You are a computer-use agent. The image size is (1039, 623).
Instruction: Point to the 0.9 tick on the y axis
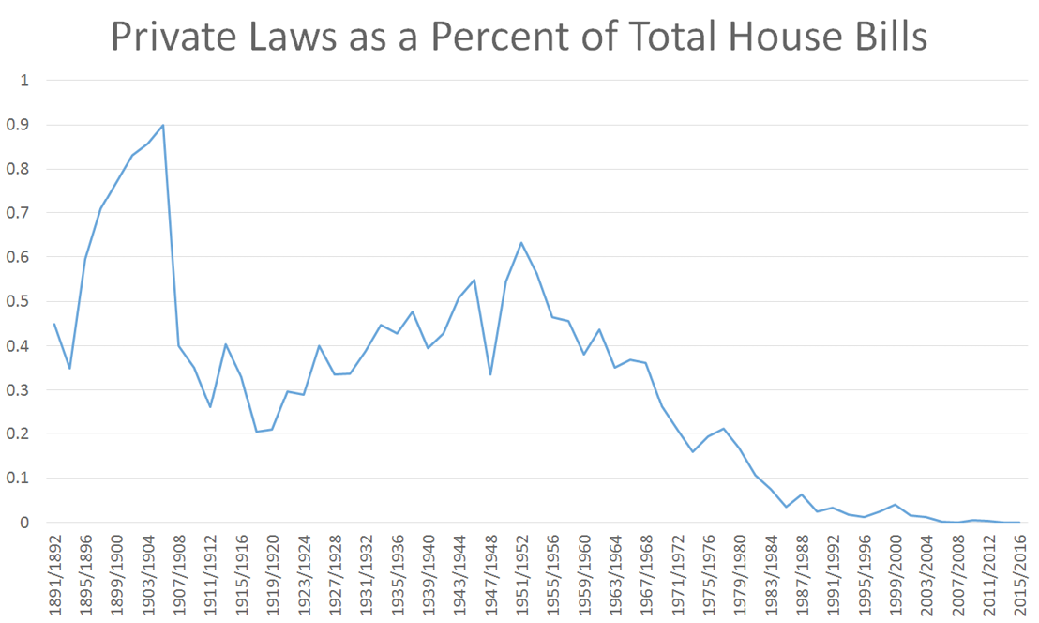(x=19, y=125)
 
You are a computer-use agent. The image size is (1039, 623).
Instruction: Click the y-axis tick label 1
(x=25, y=81)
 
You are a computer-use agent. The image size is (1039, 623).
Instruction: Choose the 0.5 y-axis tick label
(x=19, y=301)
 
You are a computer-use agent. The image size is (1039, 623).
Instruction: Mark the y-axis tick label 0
(x=25, y=523)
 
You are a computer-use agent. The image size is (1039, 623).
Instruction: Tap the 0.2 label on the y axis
(x=19, y=434)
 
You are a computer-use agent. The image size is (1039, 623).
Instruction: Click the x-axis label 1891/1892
(x=55, y=573)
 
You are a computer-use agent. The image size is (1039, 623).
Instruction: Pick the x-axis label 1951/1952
(x=521, y=573)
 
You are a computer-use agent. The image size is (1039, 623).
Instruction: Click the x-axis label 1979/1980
(x=739, y=573)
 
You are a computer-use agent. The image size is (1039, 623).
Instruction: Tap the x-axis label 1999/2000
(x=895, y=573)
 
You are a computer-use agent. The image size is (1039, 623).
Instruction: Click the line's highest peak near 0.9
(x=163, y=125)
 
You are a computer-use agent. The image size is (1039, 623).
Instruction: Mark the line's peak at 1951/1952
(x=521, y=243)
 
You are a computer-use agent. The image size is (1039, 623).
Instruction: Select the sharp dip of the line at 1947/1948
(x=490, y=374)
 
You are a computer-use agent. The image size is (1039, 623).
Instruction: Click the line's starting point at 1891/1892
(x=54, y=324)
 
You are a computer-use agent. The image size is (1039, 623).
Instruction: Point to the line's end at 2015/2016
(x=1018, y=522)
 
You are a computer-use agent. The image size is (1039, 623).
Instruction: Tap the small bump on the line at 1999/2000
(x=895, y=505)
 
